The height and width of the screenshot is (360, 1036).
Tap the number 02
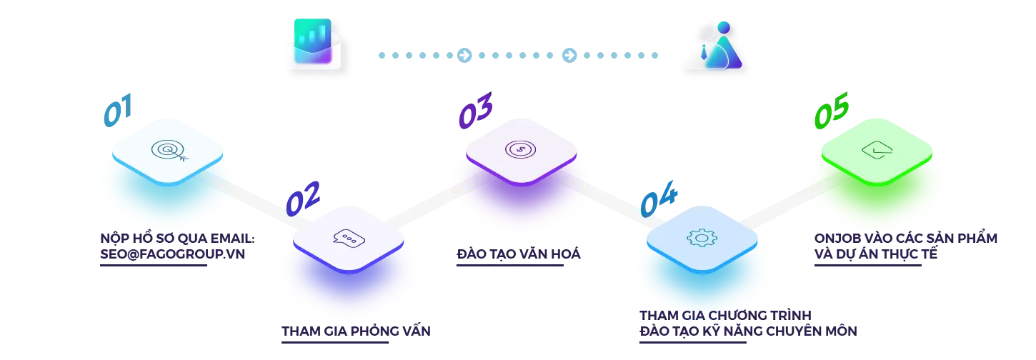tap(302, 198)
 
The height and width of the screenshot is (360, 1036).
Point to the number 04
tap(659, 202)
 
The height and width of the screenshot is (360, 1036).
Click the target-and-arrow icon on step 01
tap(167, 150)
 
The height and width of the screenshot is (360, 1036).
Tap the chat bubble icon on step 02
tap(349, 238)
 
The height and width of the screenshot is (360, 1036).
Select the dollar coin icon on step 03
tap(519, 149)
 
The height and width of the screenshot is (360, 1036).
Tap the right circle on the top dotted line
tap(567, 55)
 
